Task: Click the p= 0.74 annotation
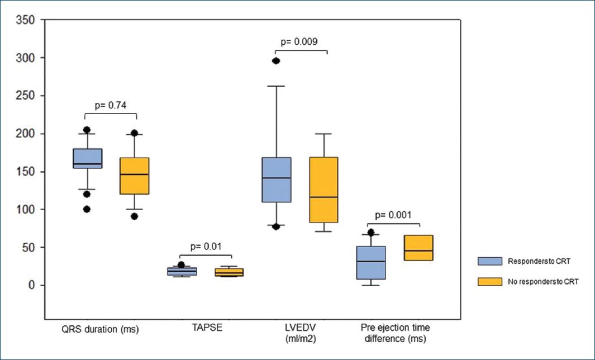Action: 110,104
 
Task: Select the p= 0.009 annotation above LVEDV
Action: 299,41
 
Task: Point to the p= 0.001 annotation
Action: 393,215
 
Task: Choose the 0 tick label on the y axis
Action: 32,285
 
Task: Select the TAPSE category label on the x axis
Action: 204,329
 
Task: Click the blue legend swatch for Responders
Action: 489,261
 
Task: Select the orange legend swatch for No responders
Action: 489,282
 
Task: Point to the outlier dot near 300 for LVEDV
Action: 275,61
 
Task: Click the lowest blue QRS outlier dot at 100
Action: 87,209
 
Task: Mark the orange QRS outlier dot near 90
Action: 134,216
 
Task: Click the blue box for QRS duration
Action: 87,158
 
